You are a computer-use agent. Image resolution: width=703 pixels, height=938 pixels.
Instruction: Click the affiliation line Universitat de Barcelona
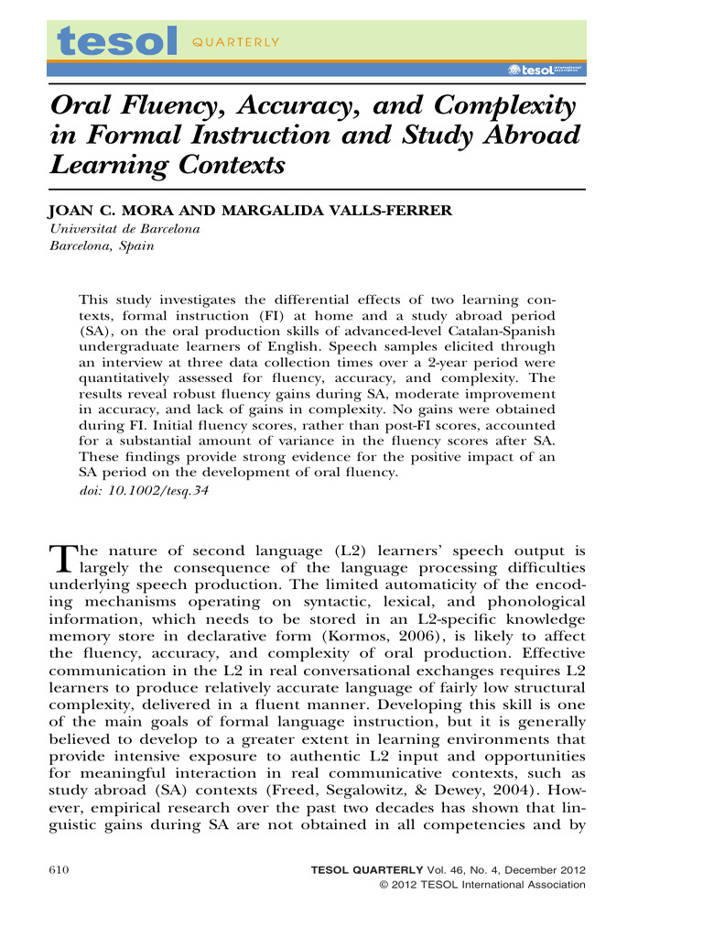coord(124,229)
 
